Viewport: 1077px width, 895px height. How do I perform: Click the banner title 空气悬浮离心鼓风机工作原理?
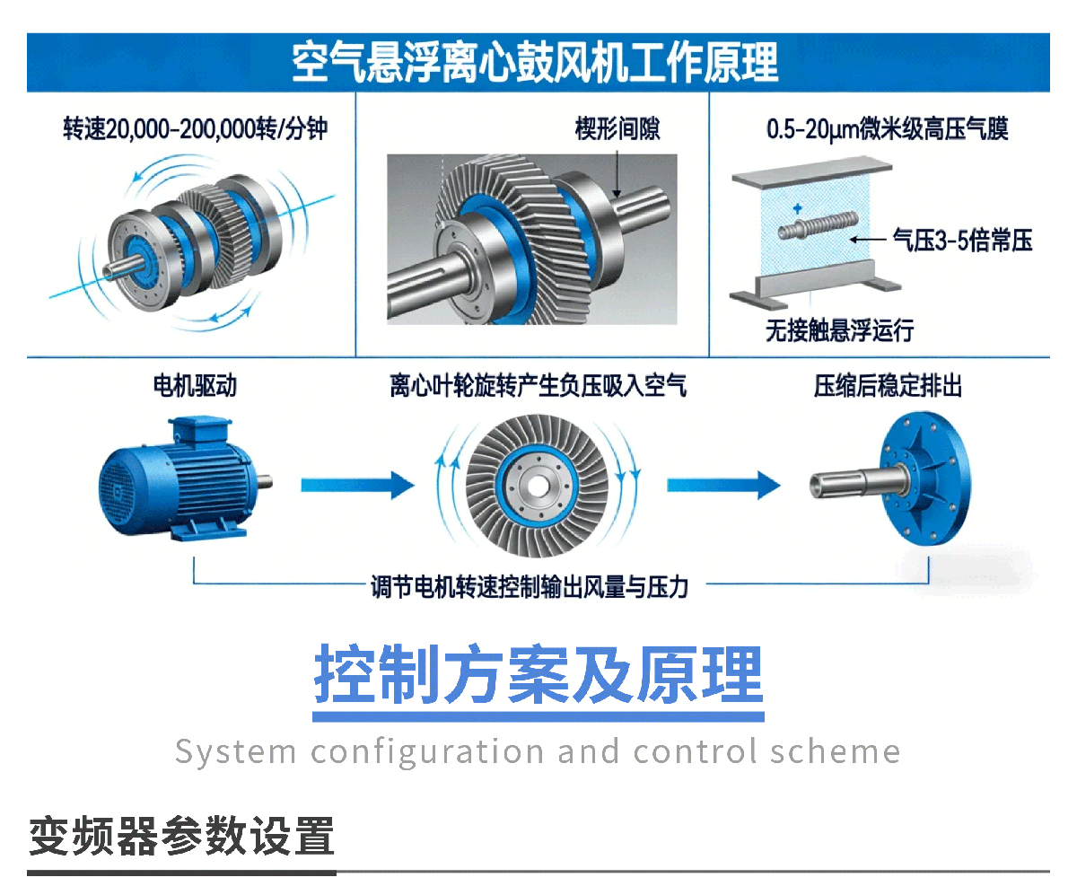coord(535,63)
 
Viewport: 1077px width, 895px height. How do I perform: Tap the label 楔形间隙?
coord(617,128)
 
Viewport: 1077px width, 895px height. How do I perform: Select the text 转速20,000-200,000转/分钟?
coord(195,128)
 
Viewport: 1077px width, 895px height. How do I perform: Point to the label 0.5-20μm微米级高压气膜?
coord(888,128)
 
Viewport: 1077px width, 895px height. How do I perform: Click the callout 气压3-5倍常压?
coord(962,241)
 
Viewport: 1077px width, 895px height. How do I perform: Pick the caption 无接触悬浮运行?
coord(839,330)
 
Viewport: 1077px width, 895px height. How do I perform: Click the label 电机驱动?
coord(195,386)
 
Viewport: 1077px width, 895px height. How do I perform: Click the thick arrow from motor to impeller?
coord(357,486)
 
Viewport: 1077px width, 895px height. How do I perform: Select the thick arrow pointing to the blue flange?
coord(723,486)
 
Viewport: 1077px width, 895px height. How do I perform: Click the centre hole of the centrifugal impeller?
coord(538,487)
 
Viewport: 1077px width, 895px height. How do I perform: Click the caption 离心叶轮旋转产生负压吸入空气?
coord(538,386)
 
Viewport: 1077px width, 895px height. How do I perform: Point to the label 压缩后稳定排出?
coord(888,386)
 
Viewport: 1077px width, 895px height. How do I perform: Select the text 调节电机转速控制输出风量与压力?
coord(530,587)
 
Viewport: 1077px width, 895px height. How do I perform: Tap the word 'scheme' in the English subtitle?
coord(835,751)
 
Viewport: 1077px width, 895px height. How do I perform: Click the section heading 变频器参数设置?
coord(181,836)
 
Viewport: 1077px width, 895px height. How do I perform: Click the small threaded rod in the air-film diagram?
coord(818,225)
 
